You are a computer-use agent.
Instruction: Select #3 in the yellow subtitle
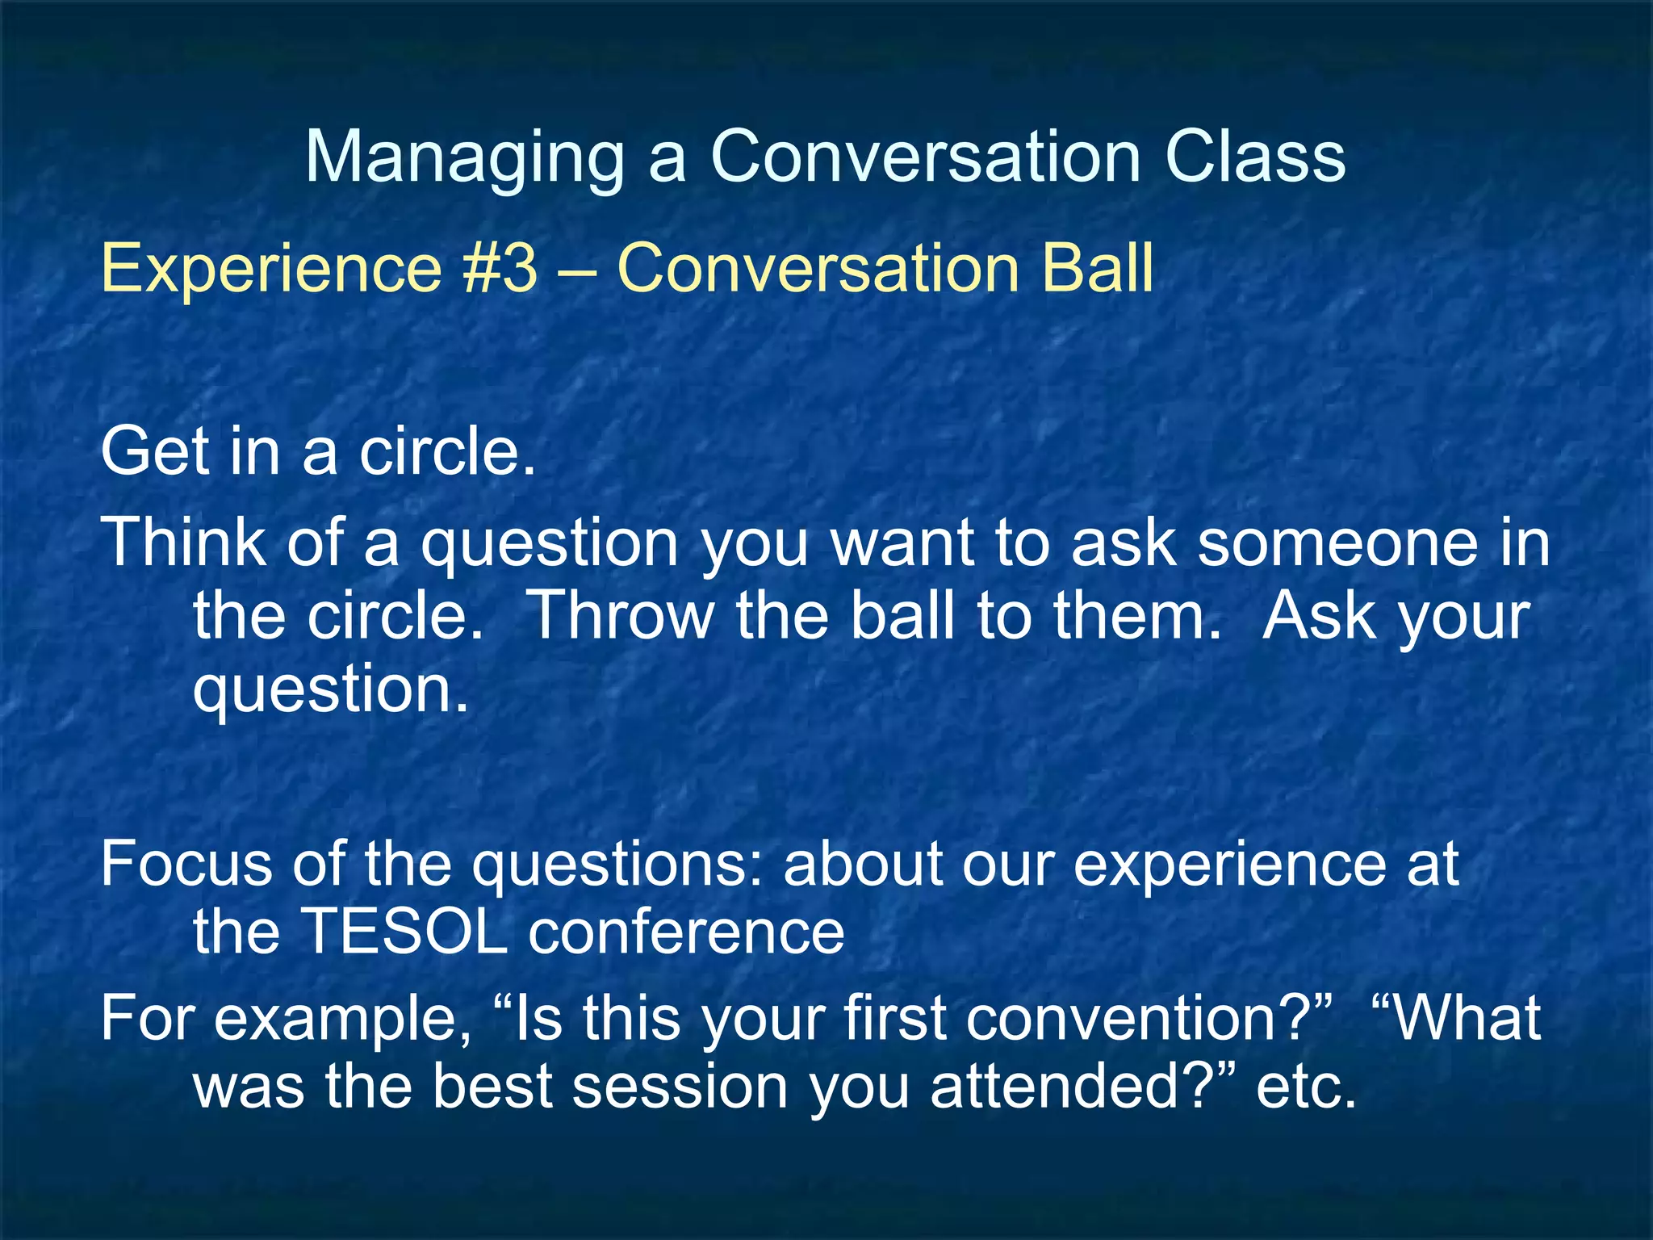point(500,268)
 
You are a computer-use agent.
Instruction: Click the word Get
point(153,452)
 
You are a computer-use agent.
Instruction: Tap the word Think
point(183,542)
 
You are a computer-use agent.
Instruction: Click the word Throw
point(621,616)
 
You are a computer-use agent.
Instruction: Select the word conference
point(686,932)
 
